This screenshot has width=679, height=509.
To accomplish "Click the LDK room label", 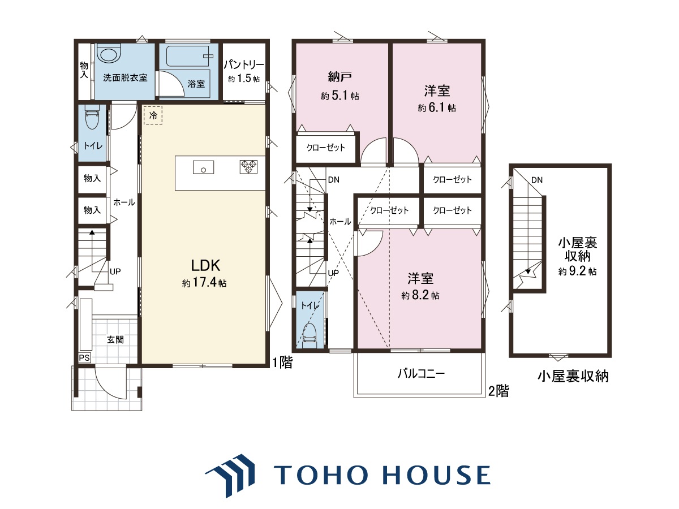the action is coord(205,265).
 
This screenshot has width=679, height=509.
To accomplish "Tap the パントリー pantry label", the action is coord(244,64).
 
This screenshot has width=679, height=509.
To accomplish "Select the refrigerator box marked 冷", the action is coord(153,115).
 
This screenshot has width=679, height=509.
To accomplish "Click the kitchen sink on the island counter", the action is coord(203,167).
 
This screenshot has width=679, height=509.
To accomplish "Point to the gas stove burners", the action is coord(248,167).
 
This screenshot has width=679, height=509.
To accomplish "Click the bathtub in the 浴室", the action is coord(187,56).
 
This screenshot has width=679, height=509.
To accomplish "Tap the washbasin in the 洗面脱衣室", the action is coord(108,55).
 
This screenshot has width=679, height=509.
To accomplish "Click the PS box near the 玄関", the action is coord(84,358).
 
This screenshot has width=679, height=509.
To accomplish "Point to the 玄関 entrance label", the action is coord(115,340).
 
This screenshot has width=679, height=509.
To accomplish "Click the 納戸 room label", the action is coord(339,77).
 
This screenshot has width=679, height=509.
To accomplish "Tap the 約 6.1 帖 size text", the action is coord(437,107).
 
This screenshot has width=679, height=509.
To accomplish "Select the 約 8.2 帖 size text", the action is coord(420,295).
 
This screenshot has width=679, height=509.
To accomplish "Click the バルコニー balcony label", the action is coord(422,374).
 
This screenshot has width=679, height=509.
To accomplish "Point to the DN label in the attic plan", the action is coord(537,180).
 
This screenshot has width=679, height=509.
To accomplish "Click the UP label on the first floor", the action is coord(115,271).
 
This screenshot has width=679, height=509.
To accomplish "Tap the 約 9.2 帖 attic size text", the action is coord(577,271).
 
